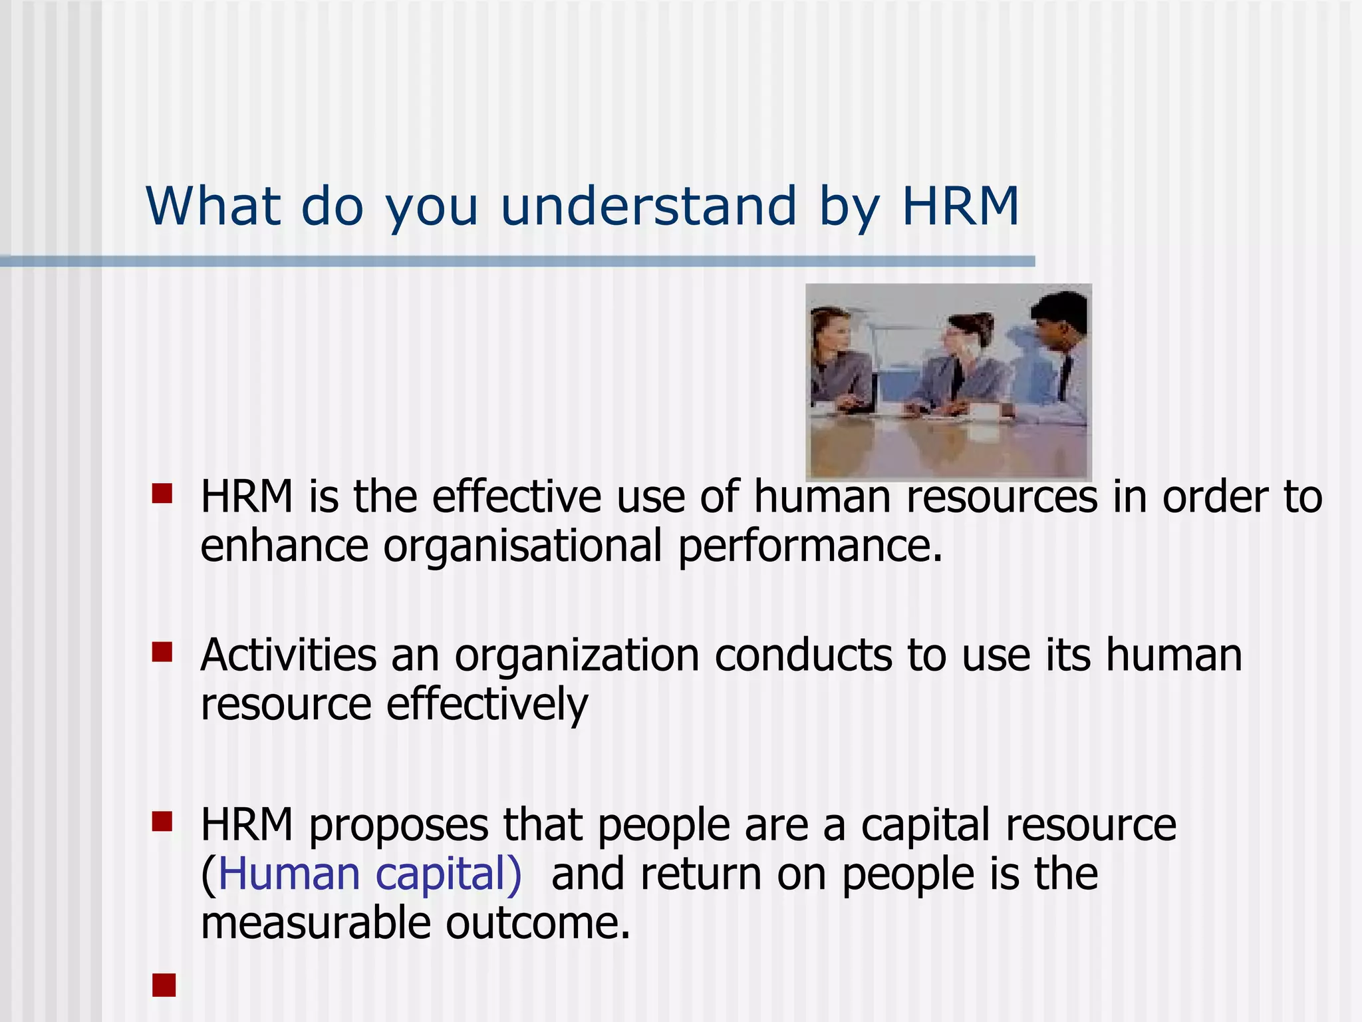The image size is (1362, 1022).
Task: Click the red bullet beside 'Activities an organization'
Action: tap(162, 652)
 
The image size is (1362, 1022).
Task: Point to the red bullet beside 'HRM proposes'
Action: tap(162, 822)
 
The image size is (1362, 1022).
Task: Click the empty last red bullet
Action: tap(164, 985)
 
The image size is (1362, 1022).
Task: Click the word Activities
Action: tap(288, 655)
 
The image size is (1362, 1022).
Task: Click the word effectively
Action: tap(487, 705)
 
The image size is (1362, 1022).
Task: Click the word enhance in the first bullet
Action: tap(284, 546)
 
